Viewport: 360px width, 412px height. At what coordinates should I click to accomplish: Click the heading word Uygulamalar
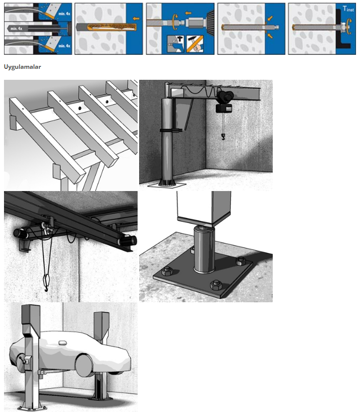pos(22,67)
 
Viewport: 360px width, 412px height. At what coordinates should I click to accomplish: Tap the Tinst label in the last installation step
pos(348,8)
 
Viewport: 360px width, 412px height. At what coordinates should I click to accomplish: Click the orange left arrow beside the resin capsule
pos(136,18)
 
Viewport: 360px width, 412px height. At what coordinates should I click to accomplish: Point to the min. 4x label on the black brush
pos(16,28)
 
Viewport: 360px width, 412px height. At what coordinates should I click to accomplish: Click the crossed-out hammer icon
pos(195,43)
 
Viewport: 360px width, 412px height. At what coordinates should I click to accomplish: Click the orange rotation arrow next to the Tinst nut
pos(349,27)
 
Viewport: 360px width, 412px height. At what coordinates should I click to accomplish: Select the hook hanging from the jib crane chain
pos(223,137)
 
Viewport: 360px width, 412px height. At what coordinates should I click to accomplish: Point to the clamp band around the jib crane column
pos(171,130)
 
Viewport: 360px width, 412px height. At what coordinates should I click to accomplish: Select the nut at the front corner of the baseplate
pos(216,285)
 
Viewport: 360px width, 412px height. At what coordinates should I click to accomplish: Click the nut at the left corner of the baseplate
pos(167,271)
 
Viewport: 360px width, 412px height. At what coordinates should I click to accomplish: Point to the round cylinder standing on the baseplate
pos(204,249)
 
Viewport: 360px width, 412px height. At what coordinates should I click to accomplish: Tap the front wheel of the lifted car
pos(85,365)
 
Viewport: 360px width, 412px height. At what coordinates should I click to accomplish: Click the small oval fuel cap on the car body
pos(63,343)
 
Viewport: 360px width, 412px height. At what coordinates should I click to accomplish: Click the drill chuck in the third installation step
pos(195,22)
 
